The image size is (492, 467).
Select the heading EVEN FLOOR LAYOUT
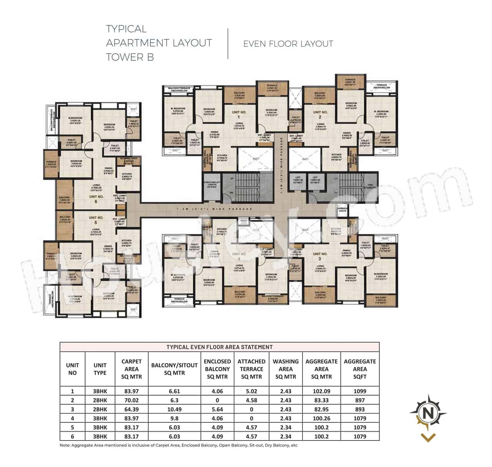tap(288, 44)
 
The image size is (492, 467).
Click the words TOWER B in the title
tap(130, 57)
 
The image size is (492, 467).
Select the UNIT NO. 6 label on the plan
tap(96, 199)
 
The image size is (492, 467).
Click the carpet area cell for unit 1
tap(131, 391)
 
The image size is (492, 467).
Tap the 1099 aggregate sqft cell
tap(360, 391)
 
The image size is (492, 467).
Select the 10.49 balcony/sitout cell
tap(175, 409)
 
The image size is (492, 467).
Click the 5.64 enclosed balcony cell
tap(217, 409)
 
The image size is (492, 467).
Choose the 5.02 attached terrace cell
tap(251, 391)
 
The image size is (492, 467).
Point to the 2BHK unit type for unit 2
tap(100, 400)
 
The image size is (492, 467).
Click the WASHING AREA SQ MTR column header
tap(286, 369)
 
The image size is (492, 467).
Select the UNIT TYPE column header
tap(100, 369)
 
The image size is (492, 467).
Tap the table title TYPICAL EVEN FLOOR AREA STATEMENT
tap(219, 347)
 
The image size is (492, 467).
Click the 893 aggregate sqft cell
tap(360, 409)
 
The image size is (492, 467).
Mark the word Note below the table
tap(65, 445)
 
